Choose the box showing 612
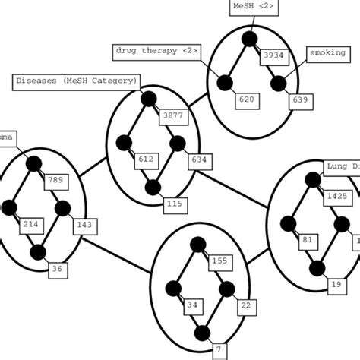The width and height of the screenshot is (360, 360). point(145,159)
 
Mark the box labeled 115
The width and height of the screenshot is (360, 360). point(175,204)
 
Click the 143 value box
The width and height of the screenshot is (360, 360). point(84,225)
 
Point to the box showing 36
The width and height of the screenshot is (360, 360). point(57,267)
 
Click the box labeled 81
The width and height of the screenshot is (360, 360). point(307,241)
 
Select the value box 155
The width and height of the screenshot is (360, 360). point(219,261)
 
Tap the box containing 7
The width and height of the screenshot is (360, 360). point(219,349)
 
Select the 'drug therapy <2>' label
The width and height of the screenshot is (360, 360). point(147,51)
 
